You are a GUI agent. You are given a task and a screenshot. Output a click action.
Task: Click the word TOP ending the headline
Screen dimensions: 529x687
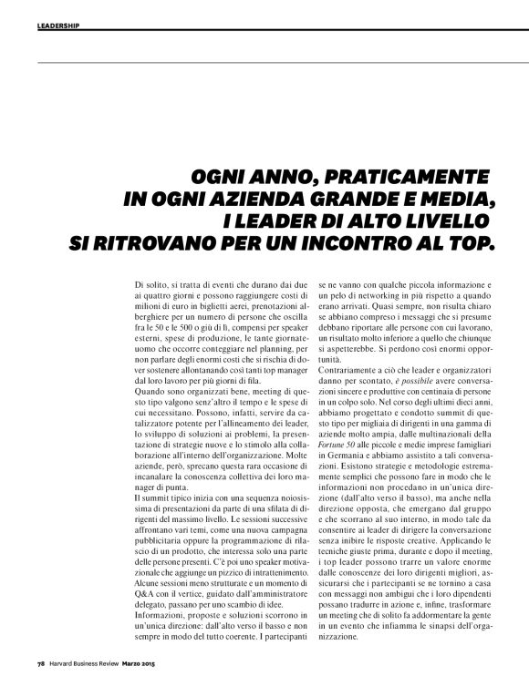472,243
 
